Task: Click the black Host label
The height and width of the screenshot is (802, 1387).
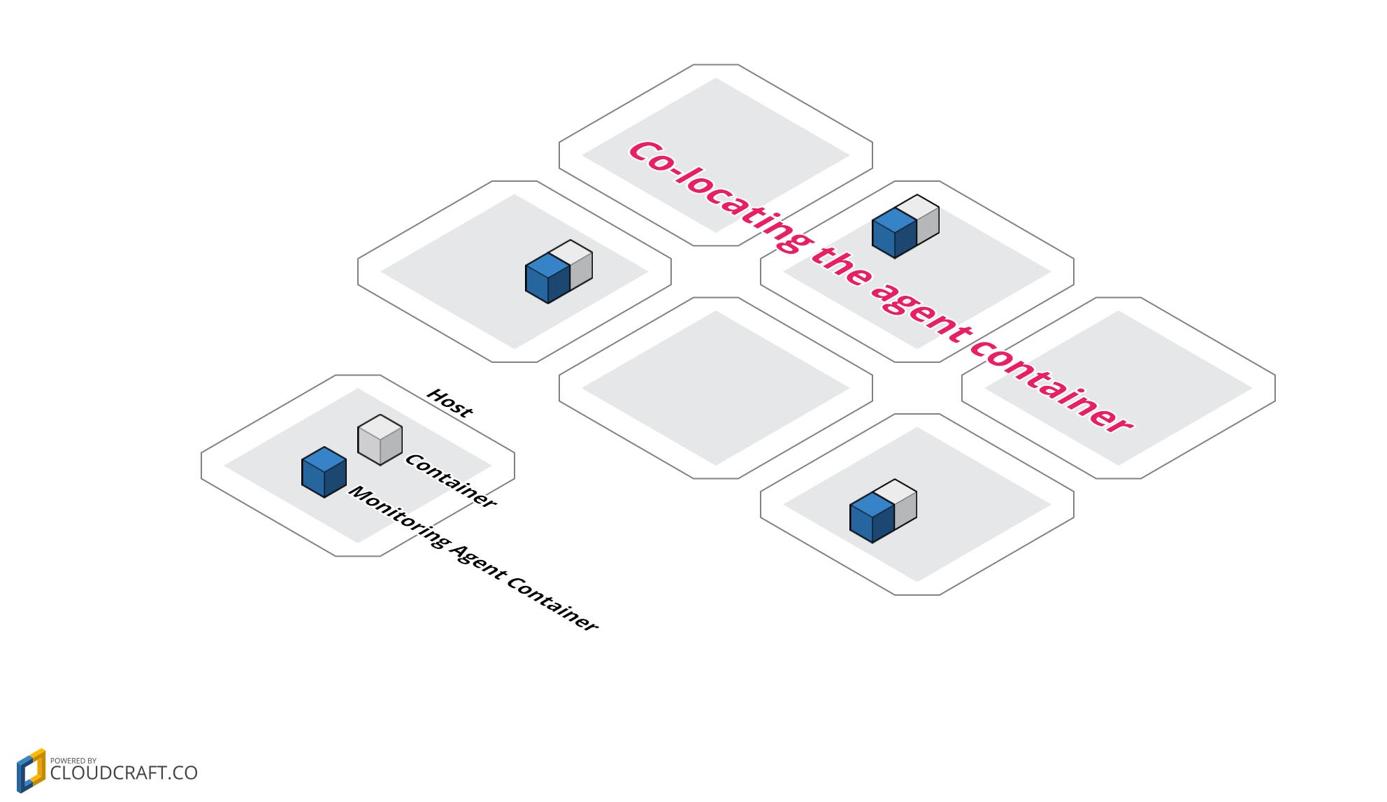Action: [x=450, y=403]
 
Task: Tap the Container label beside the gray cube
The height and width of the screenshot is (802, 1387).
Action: [x=451, y=481]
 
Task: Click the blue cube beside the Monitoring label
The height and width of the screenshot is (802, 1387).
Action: [x=324, y=472]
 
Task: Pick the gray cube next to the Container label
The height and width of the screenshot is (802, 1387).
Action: [x=380, y=439]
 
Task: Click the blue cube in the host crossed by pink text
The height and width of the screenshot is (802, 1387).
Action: [x=893, y=233]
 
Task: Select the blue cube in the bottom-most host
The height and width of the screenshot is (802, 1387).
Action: [x=871, y=517]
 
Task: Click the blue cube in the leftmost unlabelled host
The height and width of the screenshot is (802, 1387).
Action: [x=547, y=278]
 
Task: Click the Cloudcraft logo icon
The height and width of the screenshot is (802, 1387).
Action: [x=31, y=771]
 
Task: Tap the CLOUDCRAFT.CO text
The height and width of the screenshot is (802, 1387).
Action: [x=124, y=773]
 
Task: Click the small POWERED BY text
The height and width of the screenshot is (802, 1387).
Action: [x=73, y=761]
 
